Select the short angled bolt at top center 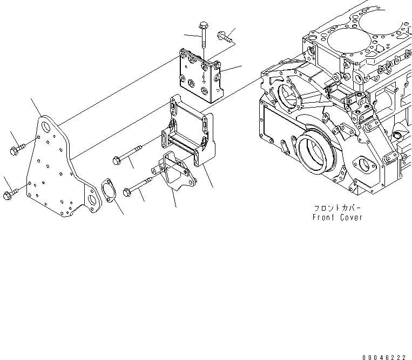pos(224,37)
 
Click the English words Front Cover pos(337,217)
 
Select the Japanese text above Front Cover pos(337,208)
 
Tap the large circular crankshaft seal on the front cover pos(316,154)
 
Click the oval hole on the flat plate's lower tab pos(93,202)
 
